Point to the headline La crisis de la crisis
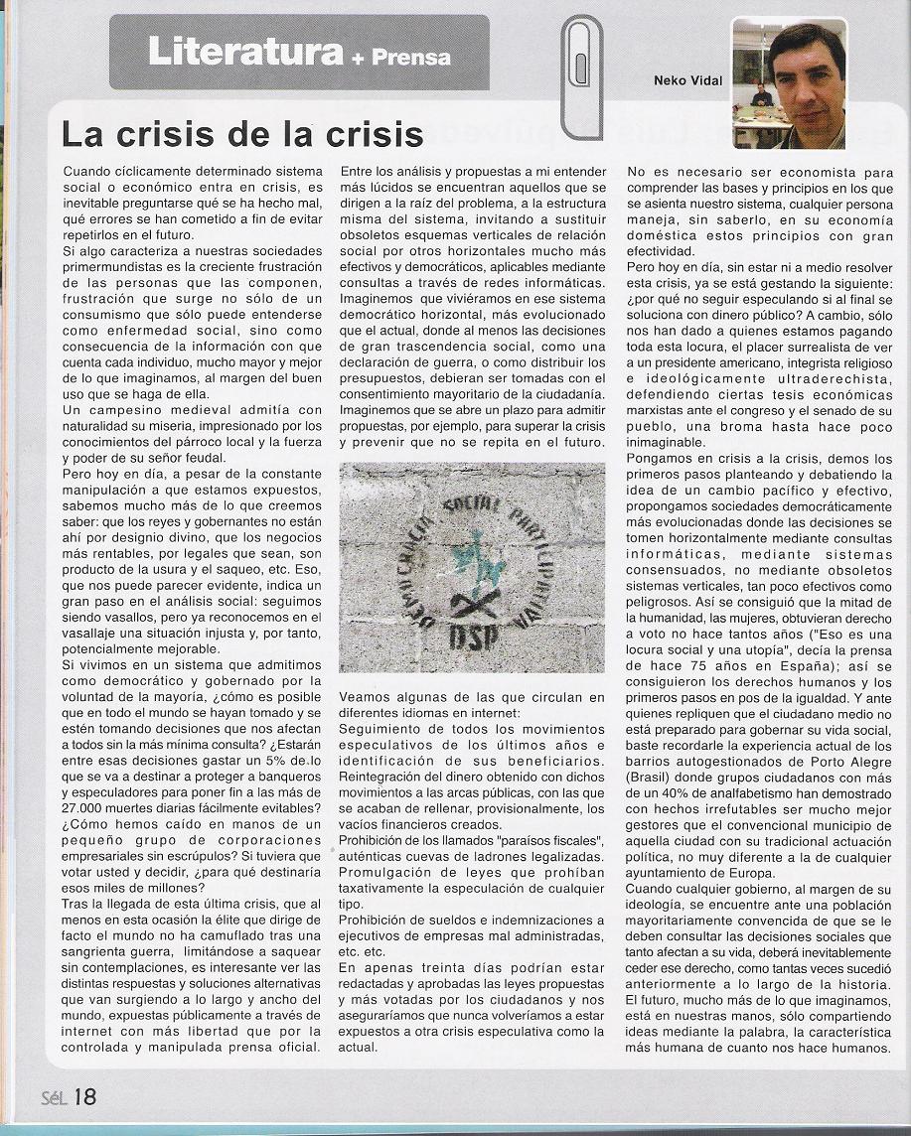point(242,133)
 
